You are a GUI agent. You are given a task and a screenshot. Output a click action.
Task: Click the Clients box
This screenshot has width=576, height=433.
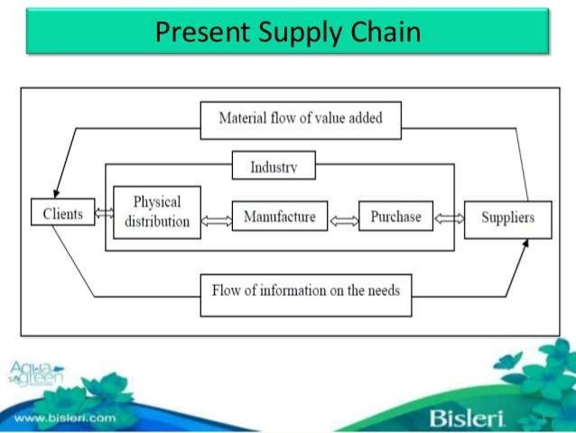coord(62,213)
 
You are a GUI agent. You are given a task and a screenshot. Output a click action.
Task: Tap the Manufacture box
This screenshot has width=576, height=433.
coord(279,217)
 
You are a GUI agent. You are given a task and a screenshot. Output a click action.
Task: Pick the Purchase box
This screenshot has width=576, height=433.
coord(395,217)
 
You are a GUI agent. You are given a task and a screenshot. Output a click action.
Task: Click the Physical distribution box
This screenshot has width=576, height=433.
coord(157,212)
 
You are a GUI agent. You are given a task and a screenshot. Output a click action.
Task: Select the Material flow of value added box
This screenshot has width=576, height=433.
coord(301,119)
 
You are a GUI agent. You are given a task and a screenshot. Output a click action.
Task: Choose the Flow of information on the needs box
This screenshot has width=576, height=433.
coord(305,291)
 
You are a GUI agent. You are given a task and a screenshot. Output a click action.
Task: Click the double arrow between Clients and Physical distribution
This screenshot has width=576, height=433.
coord(104,214)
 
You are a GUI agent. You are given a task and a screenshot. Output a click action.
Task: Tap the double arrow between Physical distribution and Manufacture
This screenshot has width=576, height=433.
coord(216,221)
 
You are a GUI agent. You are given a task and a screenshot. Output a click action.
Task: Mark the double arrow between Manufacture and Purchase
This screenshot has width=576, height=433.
coord(343,221)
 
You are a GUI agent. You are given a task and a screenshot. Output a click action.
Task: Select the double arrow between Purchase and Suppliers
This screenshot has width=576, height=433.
coord(449,218)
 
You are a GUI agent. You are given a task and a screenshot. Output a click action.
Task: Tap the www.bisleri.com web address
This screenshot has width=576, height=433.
coord(65,418)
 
